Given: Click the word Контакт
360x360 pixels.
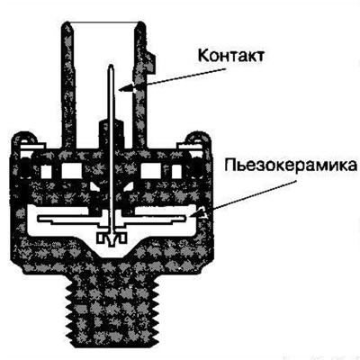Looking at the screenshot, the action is click(231, 55).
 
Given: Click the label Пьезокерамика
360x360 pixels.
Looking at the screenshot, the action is click(291, 166).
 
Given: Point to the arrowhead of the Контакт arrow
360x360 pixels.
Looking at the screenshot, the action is click(128, 87).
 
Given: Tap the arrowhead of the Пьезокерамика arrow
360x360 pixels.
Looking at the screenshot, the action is click(198, 212).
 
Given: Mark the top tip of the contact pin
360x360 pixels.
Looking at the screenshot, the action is click(112, 66).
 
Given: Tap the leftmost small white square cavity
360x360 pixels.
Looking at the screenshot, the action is click(46, 172).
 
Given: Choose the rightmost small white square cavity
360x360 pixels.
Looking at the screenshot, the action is click(176, 172).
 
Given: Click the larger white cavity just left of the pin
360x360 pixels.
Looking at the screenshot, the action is click(72, 171).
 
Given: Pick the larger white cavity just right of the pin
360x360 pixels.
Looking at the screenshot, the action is click(151, 171).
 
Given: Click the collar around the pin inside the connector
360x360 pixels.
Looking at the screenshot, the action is click(111, 132).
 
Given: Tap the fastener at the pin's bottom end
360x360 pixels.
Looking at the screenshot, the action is click(111, 238).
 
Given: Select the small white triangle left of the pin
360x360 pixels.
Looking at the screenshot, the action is click(95, 186).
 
